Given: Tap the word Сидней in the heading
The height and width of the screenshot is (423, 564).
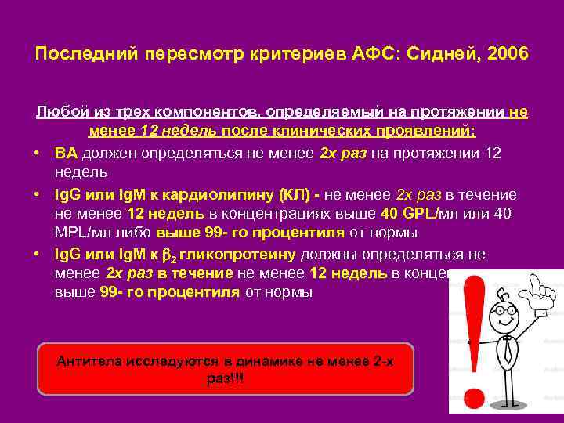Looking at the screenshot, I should tap(444, 55).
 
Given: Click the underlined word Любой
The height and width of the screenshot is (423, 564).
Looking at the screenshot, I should tap(58, 112).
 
